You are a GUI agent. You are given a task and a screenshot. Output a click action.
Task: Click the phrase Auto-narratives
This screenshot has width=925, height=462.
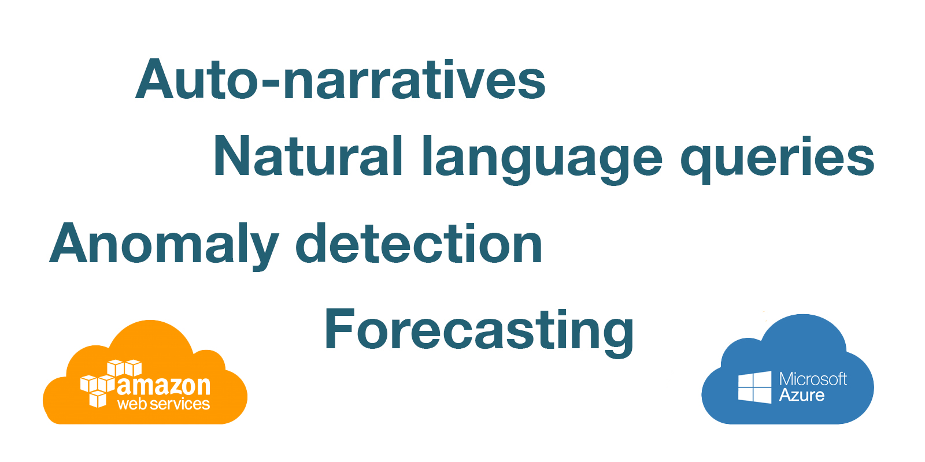(341, 79)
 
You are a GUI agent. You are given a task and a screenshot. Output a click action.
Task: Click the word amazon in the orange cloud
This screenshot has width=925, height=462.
(164, 385)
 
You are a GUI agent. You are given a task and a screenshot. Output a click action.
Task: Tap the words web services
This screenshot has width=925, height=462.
(164, 404)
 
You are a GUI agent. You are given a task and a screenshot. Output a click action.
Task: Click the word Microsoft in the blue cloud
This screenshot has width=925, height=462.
(813, 379)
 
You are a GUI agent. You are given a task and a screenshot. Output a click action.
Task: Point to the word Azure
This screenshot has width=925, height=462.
(801, 395)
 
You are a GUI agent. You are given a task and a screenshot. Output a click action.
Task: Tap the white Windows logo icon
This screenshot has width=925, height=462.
(754, 388)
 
